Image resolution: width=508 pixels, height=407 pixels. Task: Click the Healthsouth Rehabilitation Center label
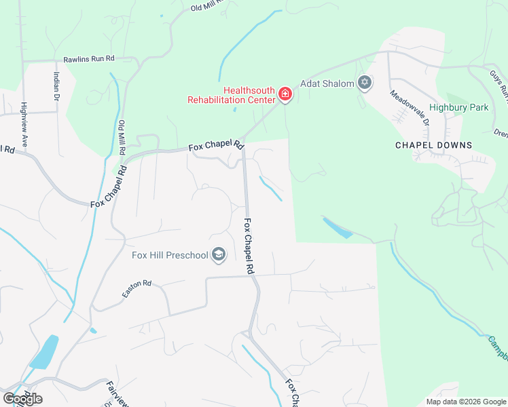(x=232, y=95)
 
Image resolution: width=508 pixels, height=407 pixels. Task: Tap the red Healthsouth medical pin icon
(x=286, y=94)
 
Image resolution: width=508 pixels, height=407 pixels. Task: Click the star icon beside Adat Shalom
(x=365, y=83)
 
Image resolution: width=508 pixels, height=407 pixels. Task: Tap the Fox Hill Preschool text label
(x=169, y=255)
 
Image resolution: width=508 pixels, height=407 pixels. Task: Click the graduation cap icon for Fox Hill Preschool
(x=219, y=255)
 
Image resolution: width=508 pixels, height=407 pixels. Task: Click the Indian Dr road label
(x=56, y=86)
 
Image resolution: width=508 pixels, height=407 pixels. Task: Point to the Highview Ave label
(x=24, y=125)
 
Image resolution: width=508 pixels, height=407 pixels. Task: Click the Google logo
(x=22, y=398)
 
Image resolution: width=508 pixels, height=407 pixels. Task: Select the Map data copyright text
(x=465, y=402)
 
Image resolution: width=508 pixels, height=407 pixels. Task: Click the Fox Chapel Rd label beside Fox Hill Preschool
(x=249, y=246)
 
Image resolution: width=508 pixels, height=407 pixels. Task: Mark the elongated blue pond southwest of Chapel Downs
(x=338, y=228)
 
